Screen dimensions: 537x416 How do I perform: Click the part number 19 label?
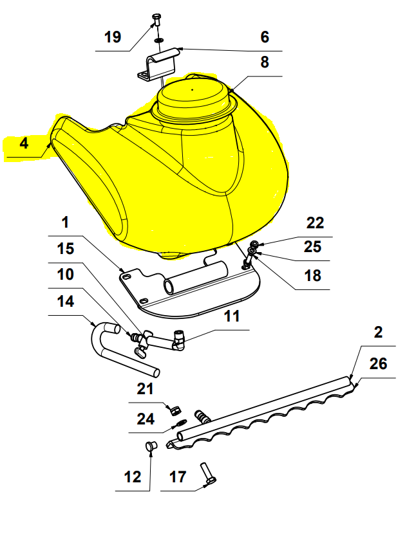pyautogui.click(x=112, y=37)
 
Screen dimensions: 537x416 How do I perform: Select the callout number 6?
pyautogui.click(x=265, y=37)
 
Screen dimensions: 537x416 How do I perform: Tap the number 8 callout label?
pyautogui.click(x=265, y=63)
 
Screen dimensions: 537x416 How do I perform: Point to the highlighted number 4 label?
pyautogui.click(x=24, y=143)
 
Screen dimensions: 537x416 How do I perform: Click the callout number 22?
pyautogui.click(x=315, y=223)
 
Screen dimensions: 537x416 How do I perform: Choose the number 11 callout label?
pyautogui.click(x=232, y=316)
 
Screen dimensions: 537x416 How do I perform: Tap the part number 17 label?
pyautogui.click(x=178, y=477)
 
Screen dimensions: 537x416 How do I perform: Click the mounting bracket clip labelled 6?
pyautogui.click(x=159, y=63)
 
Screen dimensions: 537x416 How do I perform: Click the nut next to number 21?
pyautogui.click(x=174, y=408)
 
